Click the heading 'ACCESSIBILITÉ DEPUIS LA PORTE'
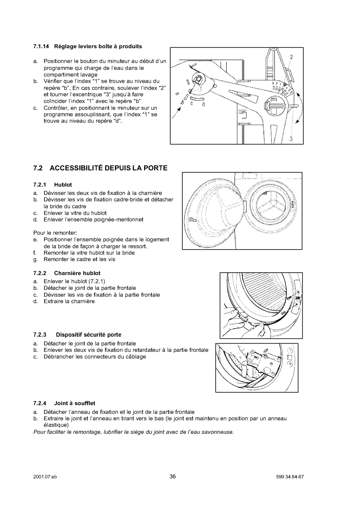pos(109,168)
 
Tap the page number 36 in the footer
pos(173,476)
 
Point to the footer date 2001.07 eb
pos(45,477)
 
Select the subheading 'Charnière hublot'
pos(77,273)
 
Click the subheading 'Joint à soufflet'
pos(74,403)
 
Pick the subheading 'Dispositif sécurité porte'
pos(89,335)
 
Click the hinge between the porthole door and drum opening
pos(244,206)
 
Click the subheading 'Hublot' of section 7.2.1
pos(63,185)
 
